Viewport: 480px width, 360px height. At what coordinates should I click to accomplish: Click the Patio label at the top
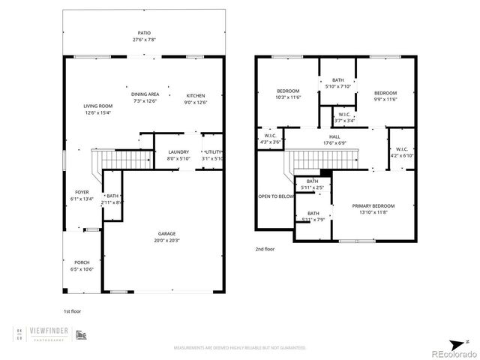coord(144,33)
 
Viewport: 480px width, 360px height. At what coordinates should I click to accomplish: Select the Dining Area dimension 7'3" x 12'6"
coord(145,100)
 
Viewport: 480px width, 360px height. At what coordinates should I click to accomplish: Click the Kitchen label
coord(195,95)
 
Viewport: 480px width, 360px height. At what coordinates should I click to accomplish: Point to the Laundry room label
coord(178,152)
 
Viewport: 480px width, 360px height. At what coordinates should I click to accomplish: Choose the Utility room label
coord(214,152)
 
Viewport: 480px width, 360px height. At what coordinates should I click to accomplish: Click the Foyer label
coord(82,192)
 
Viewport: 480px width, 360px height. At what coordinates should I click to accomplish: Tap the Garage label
coord(166,233)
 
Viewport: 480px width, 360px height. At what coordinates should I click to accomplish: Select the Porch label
coord(82,262)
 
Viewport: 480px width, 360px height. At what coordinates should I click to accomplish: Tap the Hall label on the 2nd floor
coord(334,136)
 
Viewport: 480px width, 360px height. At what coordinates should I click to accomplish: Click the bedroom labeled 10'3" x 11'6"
coord(288,91)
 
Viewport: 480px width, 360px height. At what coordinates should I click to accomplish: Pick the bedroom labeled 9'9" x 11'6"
coord(385,91)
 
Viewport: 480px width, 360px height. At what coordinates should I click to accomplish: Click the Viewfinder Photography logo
coord(52,334)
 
